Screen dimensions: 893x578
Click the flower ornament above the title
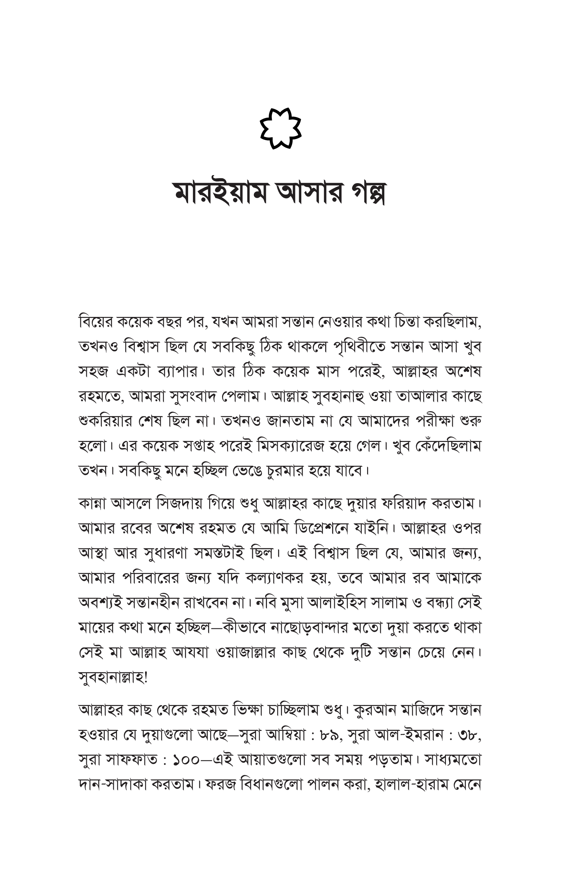pyautogui.click(x=281, y=128)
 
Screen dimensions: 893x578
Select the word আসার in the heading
pyautogui.click(x=309, y=193)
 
